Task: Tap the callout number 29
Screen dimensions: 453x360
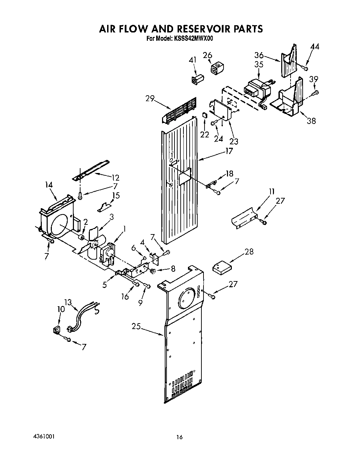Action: tap(150, 98)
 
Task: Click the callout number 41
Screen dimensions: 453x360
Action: tap(192, 60)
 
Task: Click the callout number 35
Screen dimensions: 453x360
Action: tap(259, 65)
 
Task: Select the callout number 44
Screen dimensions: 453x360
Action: tap(315, 47)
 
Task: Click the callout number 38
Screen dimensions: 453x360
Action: tap(311, 121)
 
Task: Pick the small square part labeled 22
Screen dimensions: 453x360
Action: tap(204, 115)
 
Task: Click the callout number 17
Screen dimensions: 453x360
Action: tap(229, 151)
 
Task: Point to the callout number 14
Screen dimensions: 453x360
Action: tap(49, 185)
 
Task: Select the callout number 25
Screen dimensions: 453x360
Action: tap(136, 326)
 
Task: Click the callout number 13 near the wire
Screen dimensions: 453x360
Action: tap(68, 302)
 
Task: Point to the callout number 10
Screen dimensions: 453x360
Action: tap(61, 309)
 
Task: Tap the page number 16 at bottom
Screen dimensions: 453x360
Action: tap(179, 437)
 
